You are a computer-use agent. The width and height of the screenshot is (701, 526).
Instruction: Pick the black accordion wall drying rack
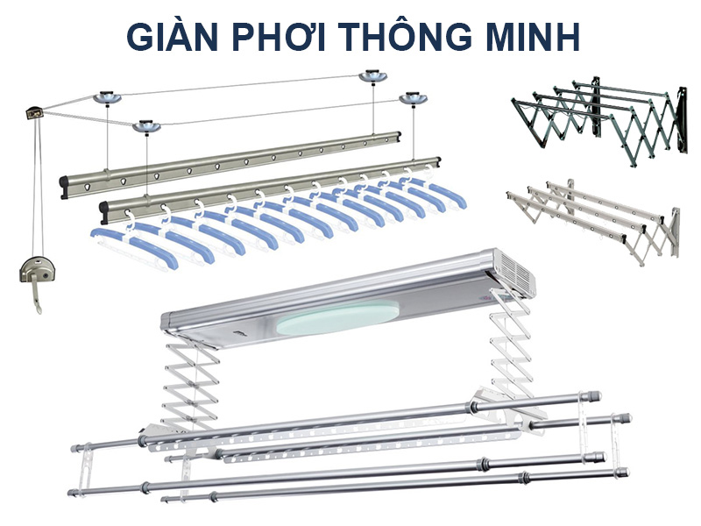pos(596,114)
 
